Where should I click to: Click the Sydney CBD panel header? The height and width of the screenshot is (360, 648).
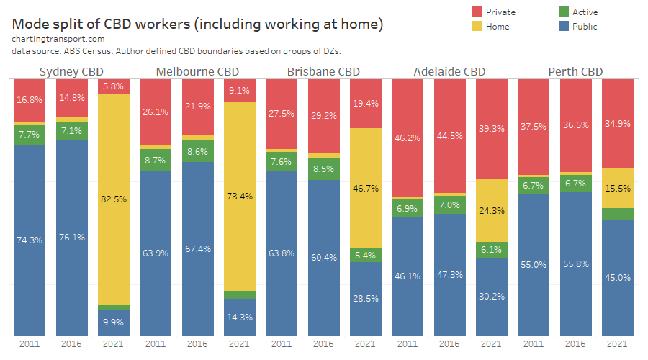pyautogui.click(x=71, y=71)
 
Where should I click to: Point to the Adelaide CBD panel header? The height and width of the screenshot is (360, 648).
pyautogui.click(x=449, y=71)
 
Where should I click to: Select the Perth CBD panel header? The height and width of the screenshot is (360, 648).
pyautogui.click(x=575, y=71)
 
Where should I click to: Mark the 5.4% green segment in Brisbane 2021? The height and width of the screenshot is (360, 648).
pyautogui.click(x=365, y=255)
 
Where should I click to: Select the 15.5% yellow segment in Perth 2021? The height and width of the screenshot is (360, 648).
pyautogui.click(x=617, y=188)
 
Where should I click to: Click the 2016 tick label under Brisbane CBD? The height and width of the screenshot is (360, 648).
pyautogui.click(x=323, y=344)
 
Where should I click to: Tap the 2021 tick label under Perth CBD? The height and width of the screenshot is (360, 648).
pyautogui.click(x=617, y=344)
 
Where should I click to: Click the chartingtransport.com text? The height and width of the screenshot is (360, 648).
pyautogui.click(x=58, y=39)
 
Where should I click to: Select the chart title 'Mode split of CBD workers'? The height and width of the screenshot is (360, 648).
pyautogui.click(x=197, y=24)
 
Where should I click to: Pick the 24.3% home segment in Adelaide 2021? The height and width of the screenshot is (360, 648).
pyautogui.click(x=492, y=210)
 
